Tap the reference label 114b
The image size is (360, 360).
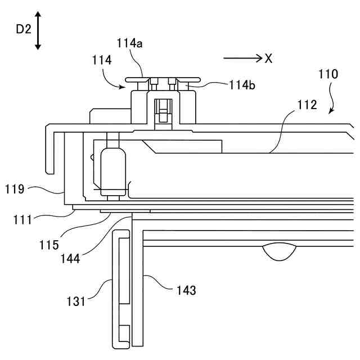coord(242,85)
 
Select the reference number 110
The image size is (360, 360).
coord(328,74)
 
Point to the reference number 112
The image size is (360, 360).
coord(307,105)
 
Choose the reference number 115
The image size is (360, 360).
coord(49,245)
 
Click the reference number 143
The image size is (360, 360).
coord(186,290)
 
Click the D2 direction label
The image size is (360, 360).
coord(23,30)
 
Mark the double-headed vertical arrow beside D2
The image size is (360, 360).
coord(38,30)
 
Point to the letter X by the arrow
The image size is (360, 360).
coord(268,58)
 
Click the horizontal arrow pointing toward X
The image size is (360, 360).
coord(241,58)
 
